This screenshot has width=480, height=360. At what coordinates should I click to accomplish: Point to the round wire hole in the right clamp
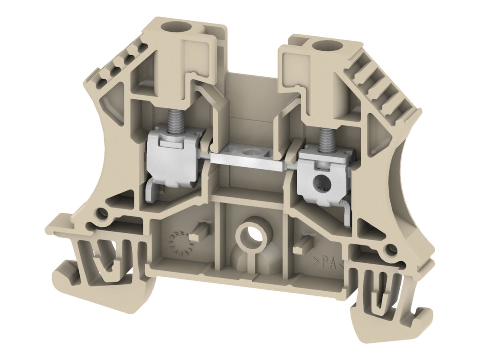point(320,183)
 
